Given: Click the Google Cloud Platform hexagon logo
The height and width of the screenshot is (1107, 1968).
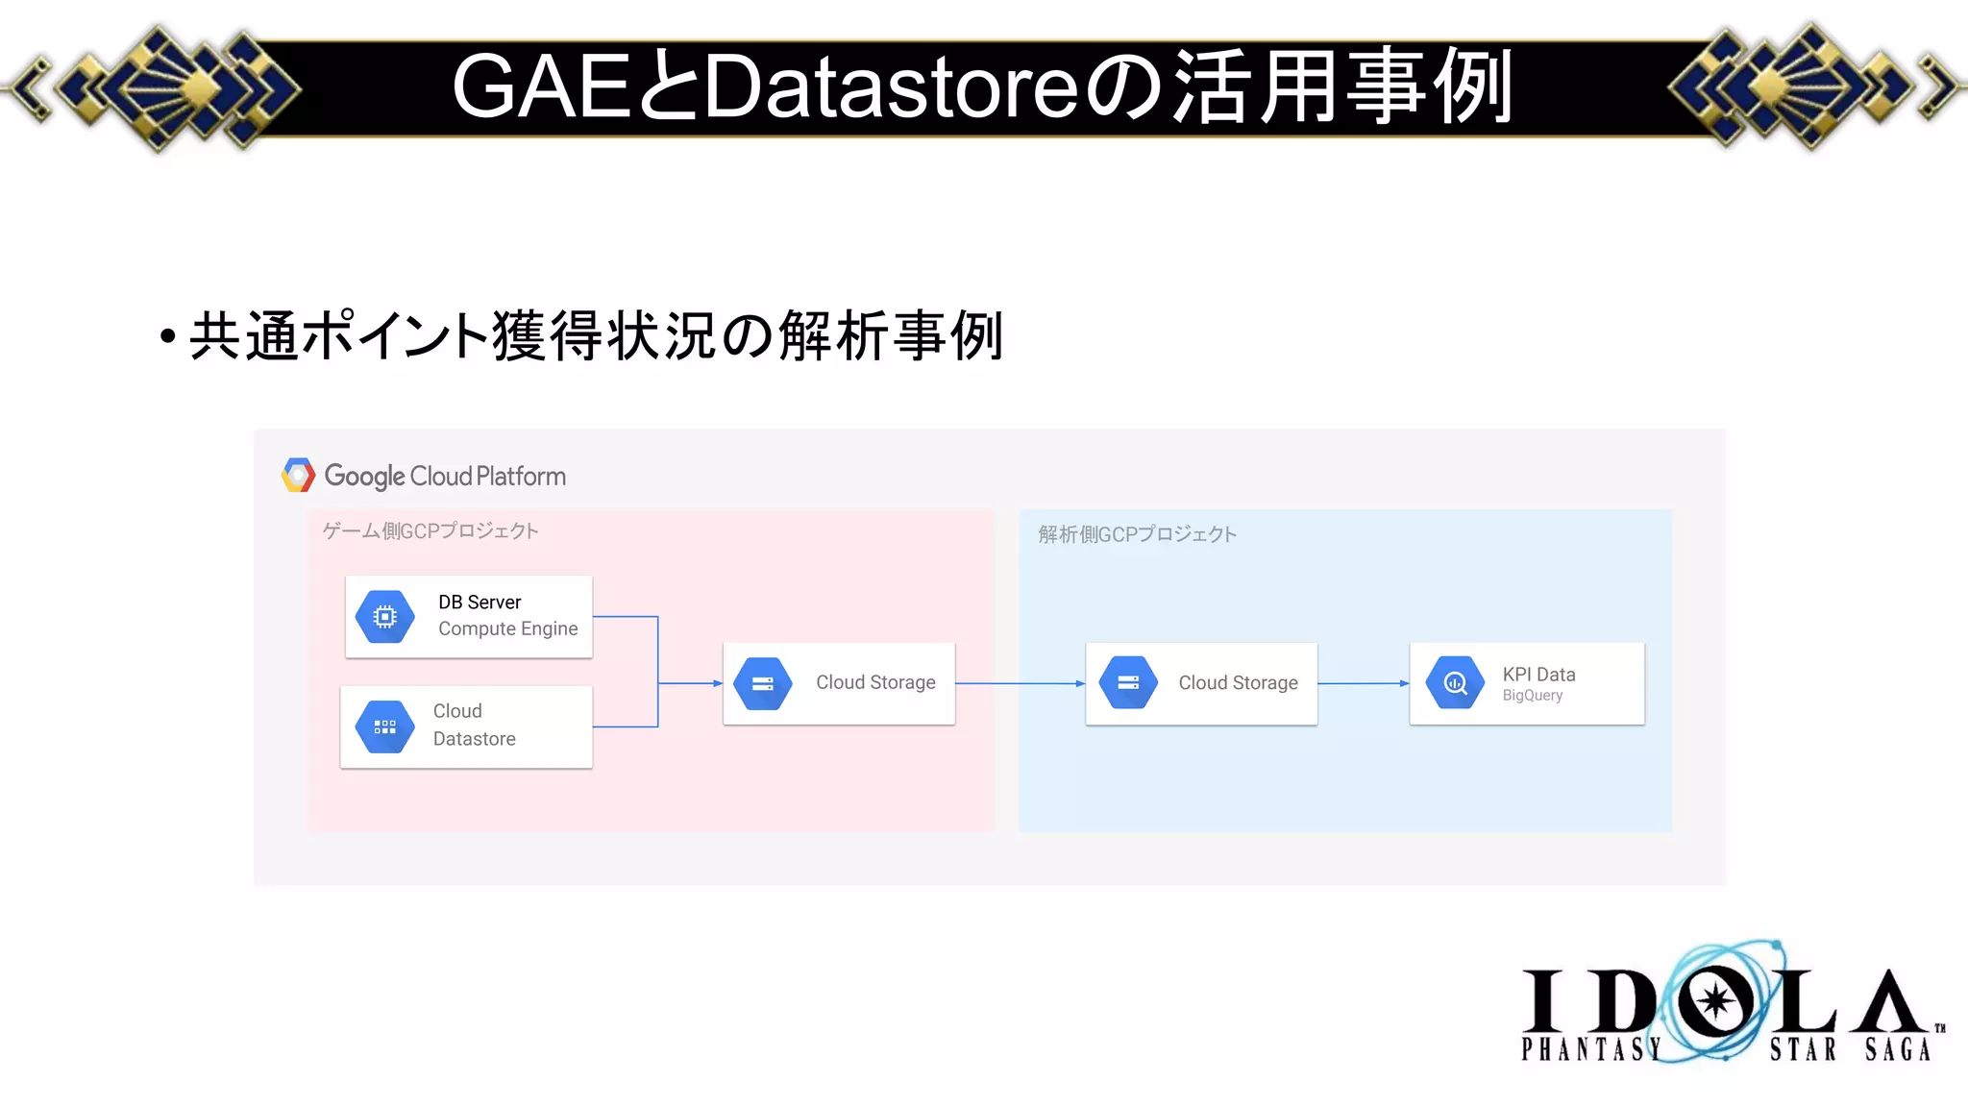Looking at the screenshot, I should click(x=298, y=475).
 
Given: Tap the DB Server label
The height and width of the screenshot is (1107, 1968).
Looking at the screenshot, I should click(x=480, y=603).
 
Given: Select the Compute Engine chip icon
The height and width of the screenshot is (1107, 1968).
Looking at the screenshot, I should click(x=384, y=617).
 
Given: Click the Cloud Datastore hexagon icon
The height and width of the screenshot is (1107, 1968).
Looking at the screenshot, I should click(x=384, y=727).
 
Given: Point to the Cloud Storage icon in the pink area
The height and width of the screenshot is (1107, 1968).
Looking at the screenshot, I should click(x=763, y=683).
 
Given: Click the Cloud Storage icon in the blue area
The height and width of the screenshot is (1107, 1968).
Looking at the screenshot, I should click(x=1128, y=683).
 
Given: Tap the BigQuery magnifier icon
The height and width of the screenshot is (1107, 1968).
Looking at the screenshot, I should click(x=1456, y=683).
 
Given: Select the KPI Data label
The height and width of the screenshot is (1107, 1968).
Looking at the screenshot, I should click(x=1538, y=675).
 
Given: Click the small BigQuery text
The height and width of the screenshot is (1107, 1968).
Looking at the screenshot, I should click(x=1533, y=696).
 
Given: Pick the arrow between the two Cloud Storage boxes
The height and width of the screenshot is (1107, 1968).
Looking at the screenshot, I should click(x=1020, y=683).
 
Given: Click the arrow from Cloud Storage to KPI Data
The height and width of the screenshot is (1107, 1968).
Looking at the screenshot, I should click(x=1363, y=683).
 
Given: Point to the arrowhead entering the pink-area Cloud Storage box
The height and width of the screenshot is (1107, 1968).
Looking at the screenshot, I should click(x=717, y=683).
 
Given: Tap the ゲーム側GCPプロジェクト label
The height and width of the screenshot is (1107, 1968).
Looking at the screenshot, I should click(x=430, y=531).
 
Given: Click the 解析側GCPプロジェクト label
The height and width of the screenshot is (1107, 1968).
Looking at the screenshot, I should click(x=1137, y=534).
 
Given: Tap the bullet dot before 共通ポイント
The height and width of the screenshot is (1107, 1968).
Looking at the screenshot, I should click(x=168, y=336).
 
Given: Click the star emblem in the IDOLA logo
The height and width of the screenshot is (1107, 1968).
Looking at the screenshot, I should click(x=1715, y=1001).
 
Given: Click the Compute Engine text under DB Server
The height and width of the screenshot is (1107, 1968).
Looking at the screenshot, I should click(x=507, y=629).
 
